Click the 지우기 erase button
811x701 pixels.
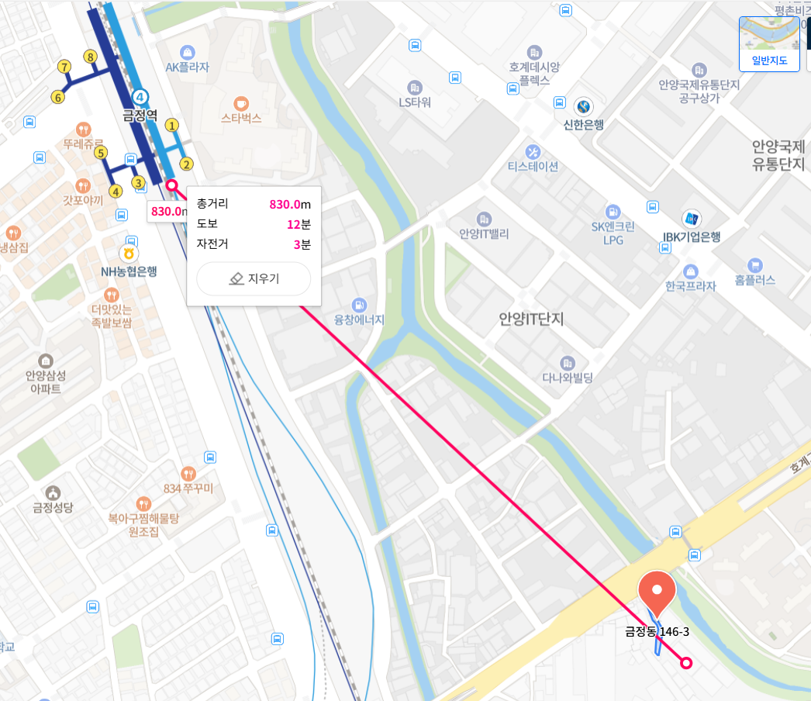[x=254, y=279]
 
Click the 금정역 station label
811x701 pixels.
[x=140, y=116]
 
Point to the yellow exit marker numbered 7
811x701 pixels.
[x=64, y=67]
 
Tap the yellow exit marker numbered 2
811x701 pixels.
[x=186, y=164]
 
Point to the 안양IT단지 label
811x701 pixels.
[x=531, y=319]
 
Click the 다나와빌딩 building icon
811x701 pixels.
[x=568, y=363]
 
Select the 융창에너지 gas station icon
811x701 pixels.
[x=358, y=303]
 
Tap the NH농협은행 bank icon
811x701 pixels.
[x=129, y=254]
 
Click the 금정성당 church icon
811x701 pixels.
[x=53, y=492]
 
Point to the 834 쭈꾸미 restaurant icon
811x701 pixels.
[x=188, y=473]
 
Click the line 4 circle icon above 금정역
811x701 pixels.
[x=140, y=97]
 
